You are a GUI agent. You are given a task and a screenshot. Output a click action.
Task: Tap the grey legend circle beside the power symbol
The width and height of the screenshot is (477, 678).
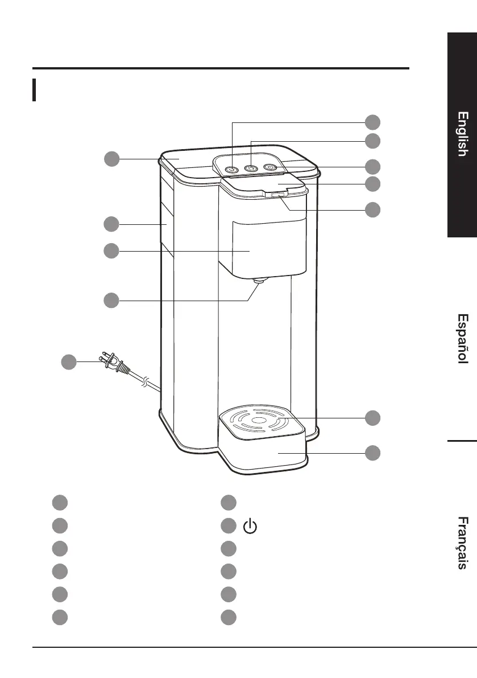[x=229, y=527]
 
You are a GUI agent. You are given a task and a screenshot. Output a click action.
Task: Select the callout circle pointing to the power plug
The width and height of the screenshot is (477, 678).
[x=69, y=361]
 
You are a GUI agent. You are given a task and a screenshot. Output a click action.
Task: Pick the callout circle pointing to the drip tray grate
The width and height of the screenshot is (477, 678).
[x=372, y=417]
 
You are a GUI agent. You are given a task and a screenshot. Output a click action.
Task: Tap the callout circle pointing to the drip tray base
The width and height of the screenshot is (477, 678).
[x=372, y=453]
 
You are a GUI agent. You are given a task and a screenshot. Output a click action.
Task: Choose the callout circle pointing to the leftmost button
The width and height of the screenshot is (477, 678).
[x=372, y=122]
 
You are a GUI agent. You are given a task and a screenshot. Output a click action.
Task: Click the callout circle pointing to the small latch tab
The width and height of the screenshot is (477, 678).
[x=372, y=209]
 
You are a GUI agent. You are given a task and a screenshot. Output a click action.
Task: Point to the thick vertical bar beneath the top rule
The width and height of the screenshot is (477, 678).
[x=35, y=90]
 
